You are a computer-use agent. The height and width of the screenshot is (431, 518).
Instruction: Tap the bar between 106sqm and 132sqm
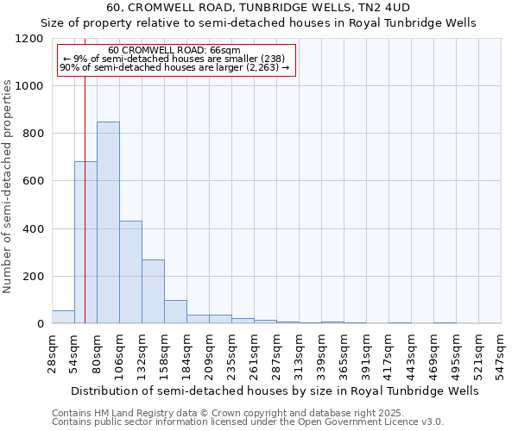[130, 272]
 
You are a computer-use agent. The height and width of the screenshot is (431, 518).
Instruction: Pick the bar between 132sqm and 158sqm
[153, 291]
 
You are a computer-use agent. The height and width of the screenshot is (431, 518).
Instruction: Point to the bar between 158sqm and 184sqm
[175, 312]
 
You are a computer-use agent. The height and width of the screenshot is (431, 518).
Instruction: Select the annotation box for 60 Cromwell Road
[176, 59]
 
